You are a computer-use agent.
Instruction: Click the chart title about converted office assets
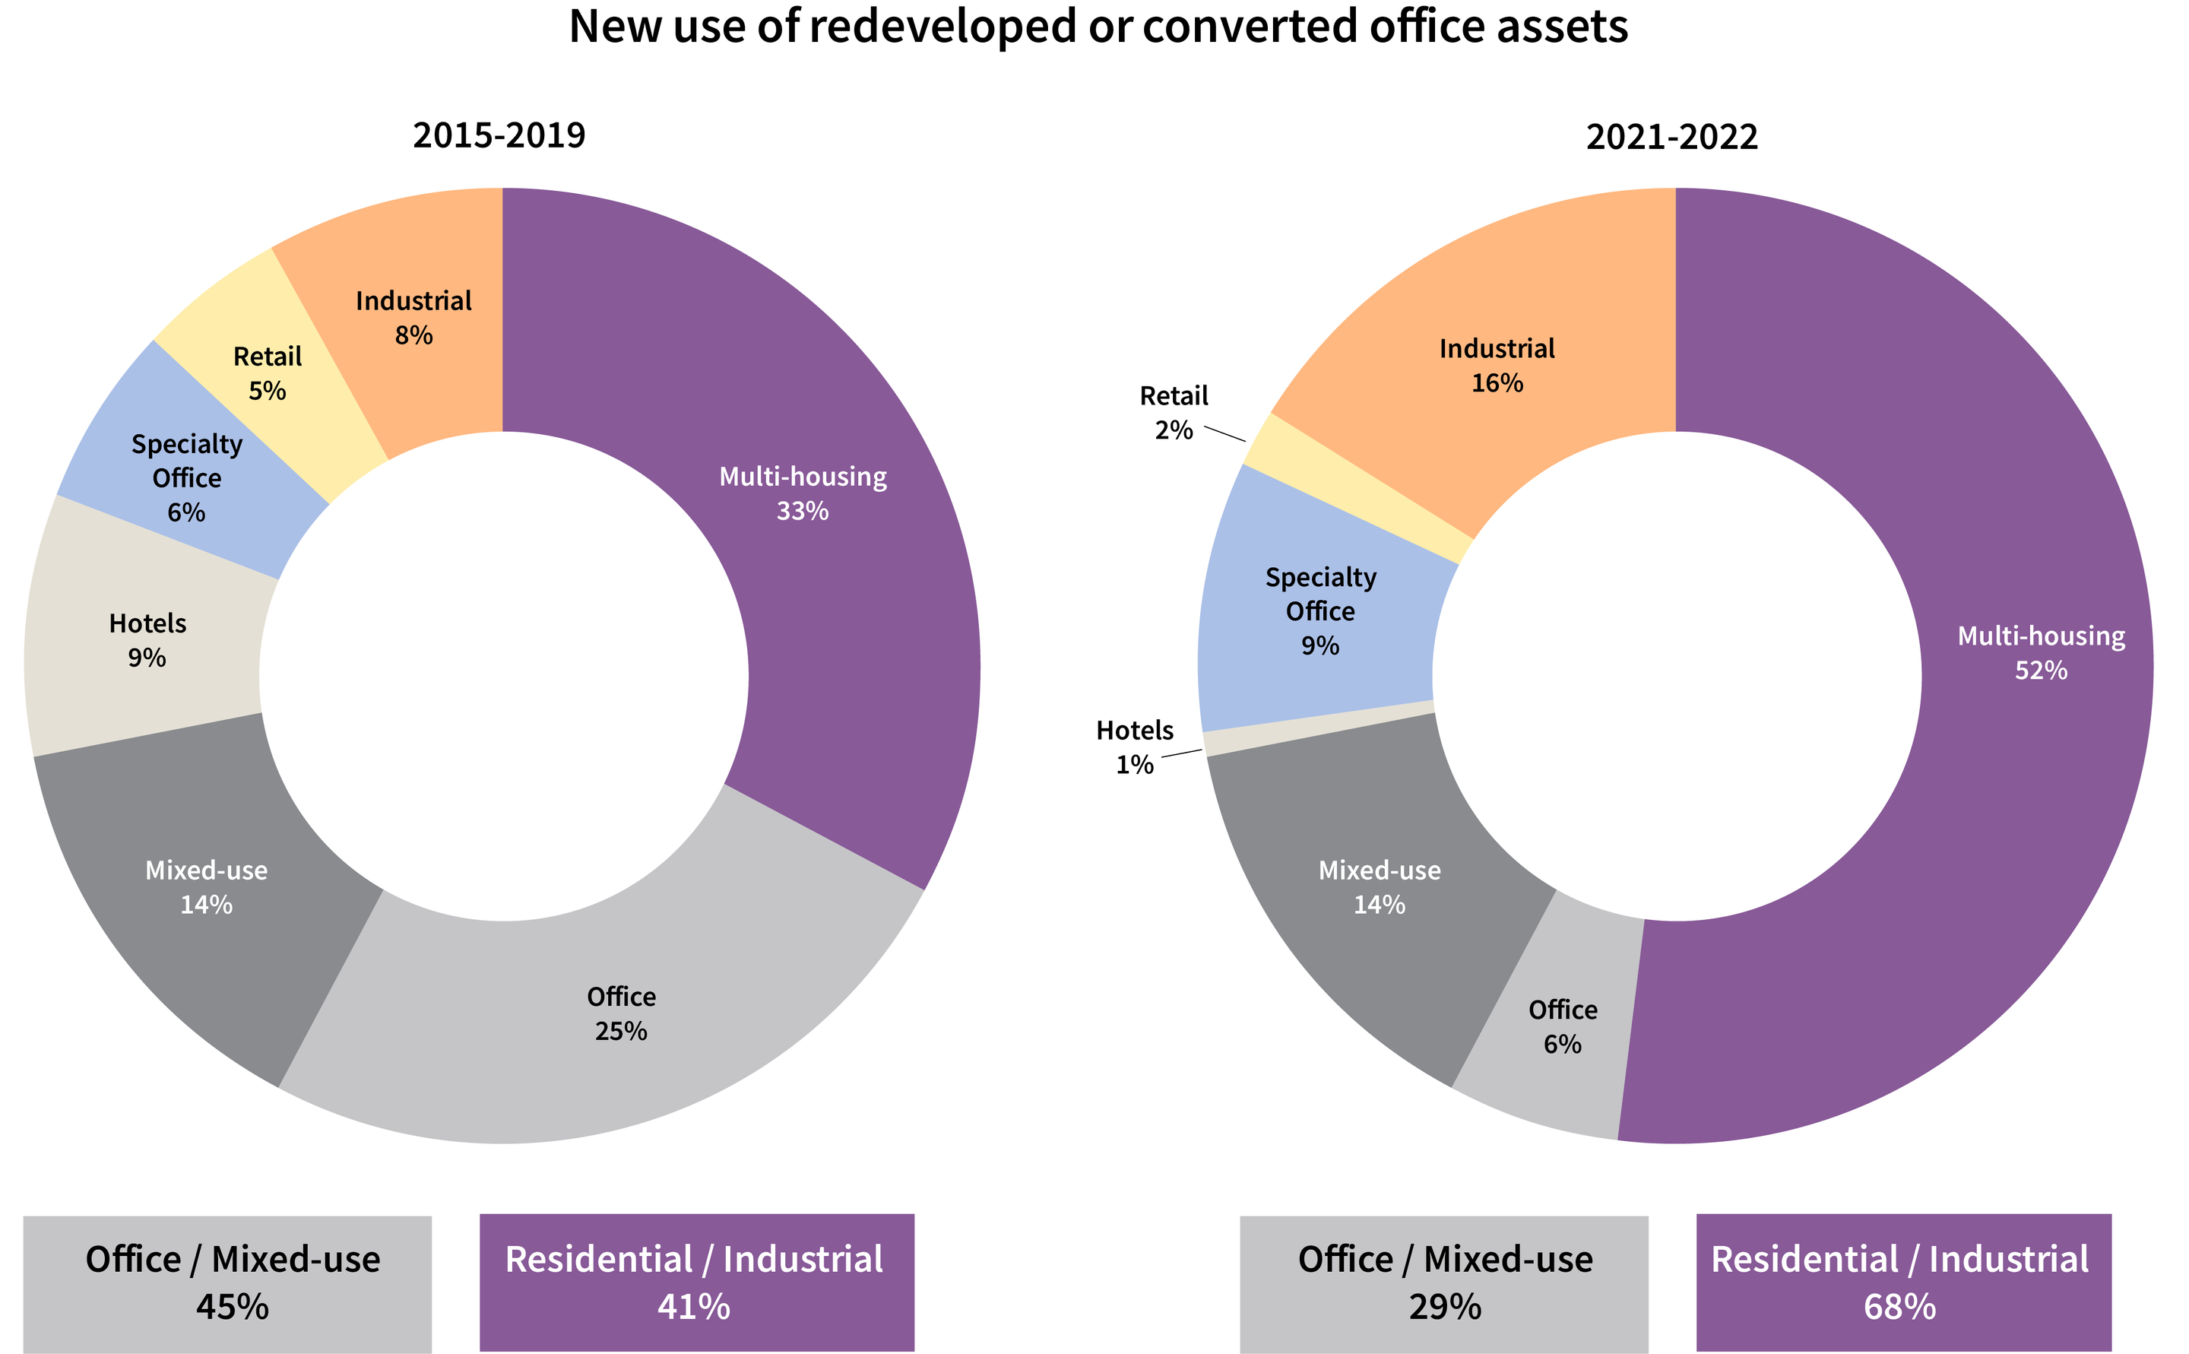point(1098,27)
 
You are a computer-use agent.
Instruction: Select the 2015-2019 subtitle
point(499,135)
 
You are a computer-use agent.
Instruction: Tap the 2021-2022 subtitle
point(1671,137)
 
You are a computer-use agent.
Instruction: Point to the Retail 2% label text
point(1173,413)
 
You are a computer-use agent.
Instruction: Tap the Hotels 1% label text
point(1134,747)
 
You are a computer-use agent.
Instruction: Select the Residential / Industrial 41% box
point(696,1282)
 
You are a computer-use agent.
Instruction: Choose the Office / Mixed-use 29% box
point(1443,1283)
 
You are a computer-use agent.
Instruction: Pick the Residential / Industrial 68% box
point(1903,1282)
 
